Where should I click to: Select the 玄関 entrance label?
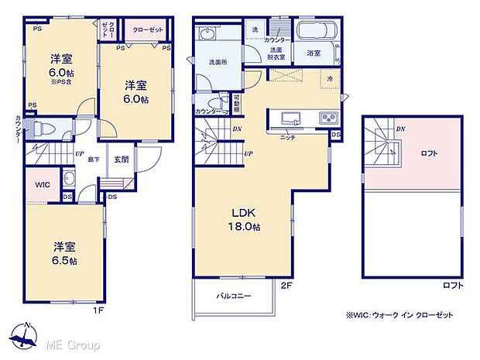coord(122,160)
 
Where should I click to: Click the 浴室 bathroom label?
coord(313,53)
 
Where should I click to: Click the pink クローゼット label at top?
coord(149,29)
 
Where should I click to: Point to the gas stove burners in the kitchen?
coord(327,118)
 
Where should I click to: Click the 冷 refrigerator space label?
coord(330,79)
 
